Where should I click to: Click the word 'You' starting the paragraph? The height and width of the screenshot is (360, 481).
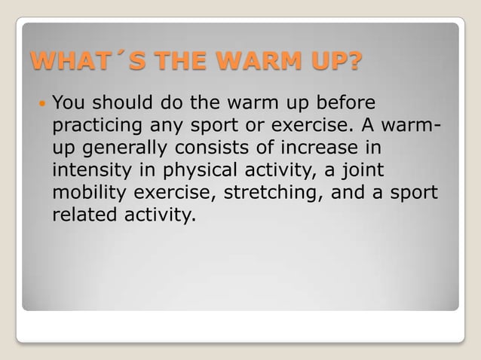68,102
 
